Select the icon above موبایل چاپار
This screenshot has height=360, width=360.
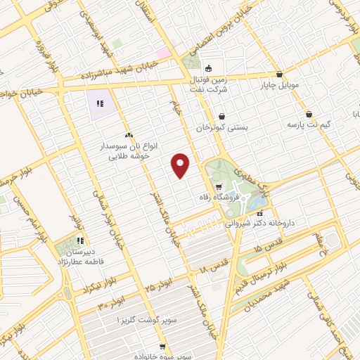click(x=280, y=74)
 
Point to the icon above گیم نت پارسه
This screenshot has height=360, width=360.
click(x=309, y=114)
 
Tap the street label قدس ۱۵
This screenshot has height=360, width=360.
click(x=270, y=248)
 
